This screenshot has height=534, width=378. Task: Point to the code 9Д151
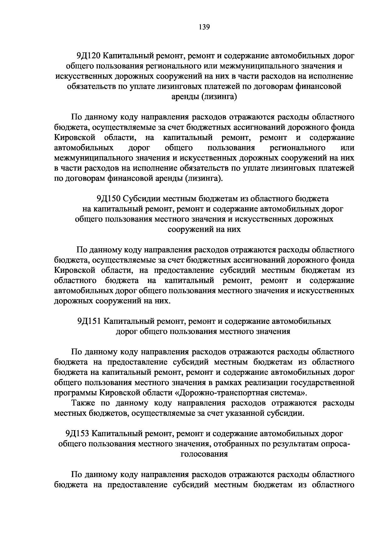[89, 321]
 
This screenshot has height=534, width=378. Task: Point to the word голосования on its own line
[203, 454]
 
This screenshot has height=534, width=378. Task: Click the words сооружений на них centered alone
[204, 229]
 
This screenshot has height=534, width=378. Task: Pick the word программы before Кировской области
[75, 393]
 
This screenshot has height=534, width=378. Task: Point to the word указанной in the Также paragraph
[247, 413]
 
